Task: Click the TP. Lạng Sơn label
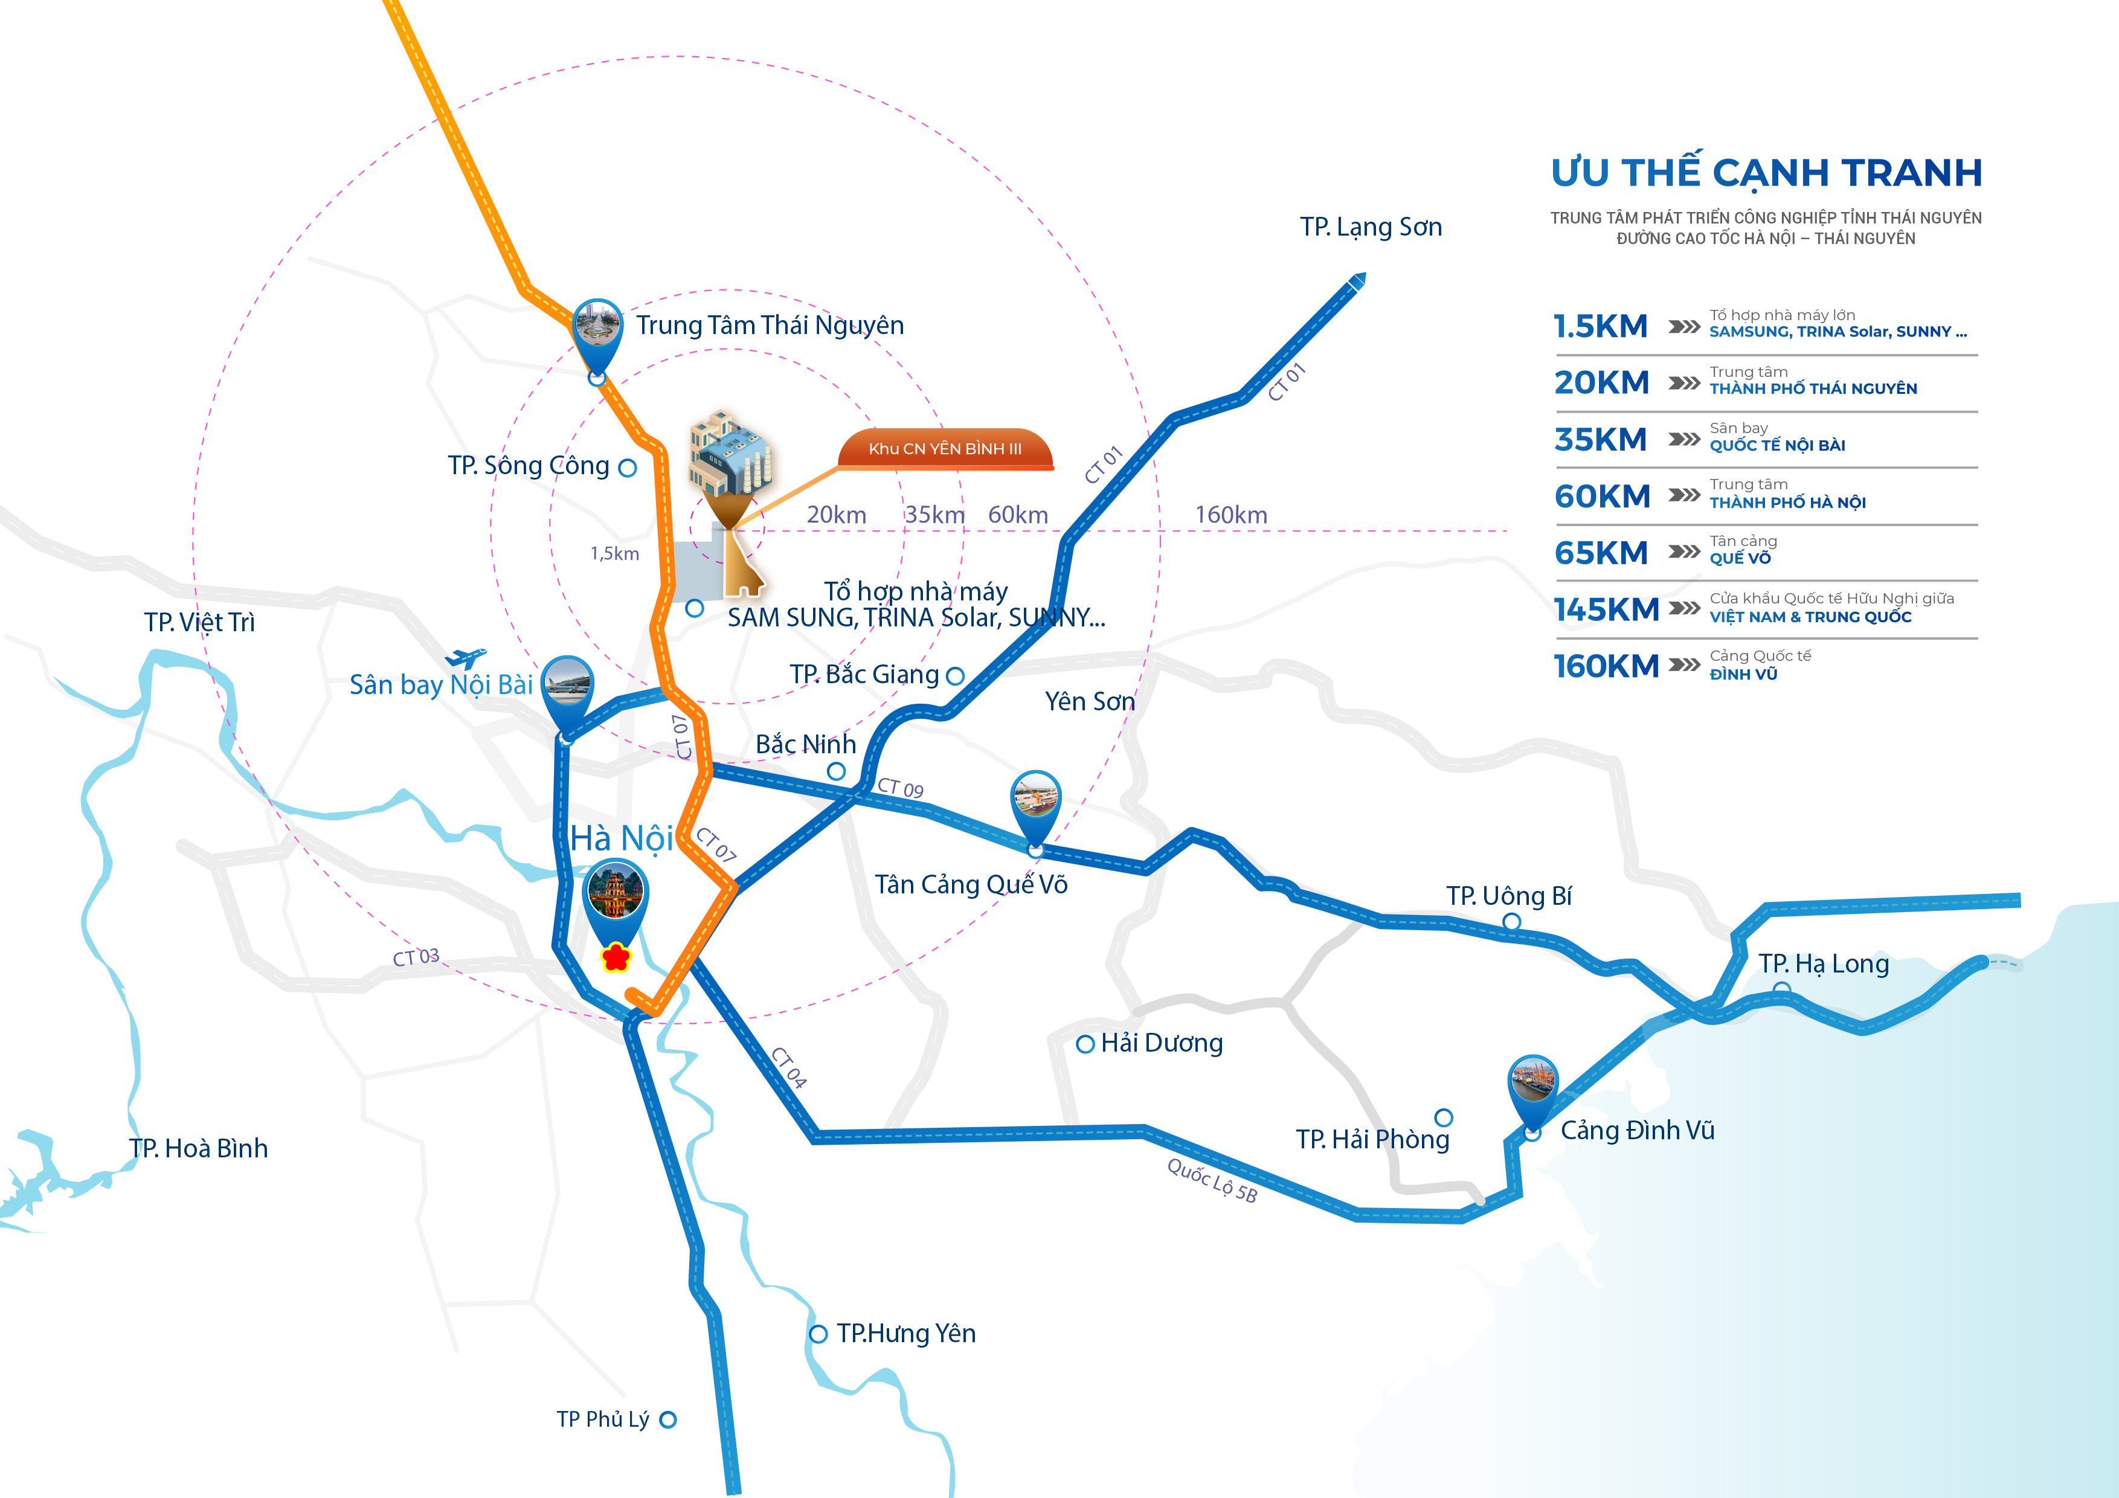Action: click(1371, 227)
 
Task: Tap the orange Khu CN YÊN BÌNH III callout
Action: click(945, 449)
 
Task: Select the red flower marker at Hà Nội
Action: click(616, 957)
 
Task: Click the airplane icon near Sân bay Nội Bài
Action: click(466, 658)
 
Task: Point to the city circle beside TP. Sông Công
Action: click(628, 468)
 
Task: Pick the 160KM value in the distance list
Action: click(1606, 666)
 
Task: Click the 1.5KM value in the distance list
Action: click(1600, 326)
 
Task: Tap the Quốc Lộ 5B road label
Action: click(1212, 1180)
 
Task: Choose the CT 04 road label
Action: click(789, 1068)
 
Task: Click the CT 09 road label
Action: click(900, 787)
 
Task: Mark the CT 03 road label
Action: click(416, 957)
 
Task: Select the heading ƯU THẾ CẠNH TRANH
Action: click(1766, 173)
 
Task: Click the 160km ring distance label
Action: click(1231, 515)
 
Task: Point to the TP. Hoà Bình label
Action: click(198, 1148)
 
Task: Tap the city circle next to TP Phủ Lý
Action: click(668, 1419)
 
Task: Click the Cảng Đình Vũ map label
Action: click(1637, 1131)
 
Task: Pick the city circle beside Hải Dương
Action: click(1085, 1044)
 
